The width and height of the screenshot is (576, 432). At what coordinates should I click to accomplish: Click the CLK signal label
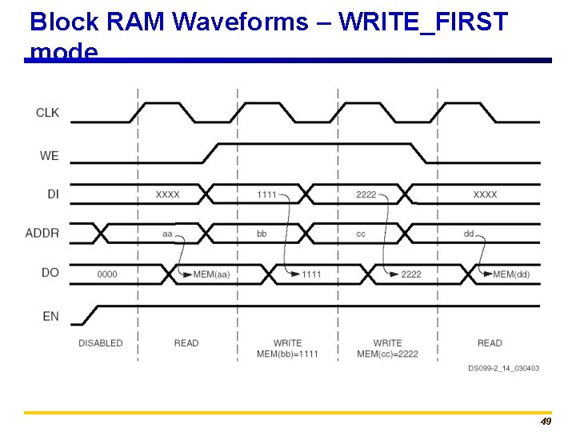pos(47,113)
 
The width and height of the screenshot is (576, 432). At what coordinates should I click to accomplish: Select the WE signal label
pos(49,155)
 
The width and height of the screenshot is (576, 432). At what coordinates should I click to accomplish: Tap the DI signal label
pos(51,194)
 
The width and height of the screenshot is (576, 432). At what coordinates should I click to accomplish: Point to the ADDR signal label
pos(42,233)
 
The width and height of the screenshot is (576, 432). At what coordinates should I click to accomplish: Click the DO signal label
pos(50,273)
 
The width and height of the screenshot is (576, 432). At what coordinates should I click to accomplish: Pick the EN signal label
pos(50,316)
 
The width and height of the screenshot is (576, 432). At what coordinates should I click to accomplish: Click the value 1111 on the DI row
pos(267,194)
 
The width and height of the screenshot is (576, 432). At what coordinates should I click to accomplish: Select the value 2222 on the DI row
pos(366,194)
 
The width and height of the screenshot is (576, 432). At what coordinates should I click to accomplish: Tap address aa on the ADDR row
pos(167,234)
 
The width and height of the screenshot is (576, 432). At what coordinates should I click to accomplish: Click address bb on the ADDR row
pos(262,234)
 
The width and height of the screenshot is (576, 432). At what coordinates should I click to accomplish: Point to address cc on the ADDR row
pos(361,234)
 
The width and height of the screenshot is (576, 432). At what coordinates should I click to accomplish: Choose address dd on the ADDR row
pos(469,234)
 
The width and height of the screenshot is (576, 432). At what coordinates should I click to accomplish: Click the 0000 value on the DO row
pos(107,274)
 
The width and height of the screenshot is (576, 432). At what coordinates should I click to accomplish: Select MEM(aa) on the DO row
pos(211,274)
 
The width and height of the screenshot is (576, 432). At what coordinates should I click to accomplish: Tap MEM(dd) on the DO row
pos(511,274)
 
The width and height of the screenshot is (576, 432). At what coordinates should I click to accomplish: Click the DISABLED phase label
pos(101,343)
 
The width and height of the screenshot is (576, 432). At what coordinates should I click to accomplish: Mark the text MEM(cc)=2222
pos(387,354)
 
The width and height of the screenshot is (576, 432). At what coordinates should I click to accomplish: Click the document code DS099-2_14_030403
pos(503,368)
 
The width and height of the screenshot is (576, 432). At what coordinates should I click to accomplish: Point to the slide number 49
pos(546,422)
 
